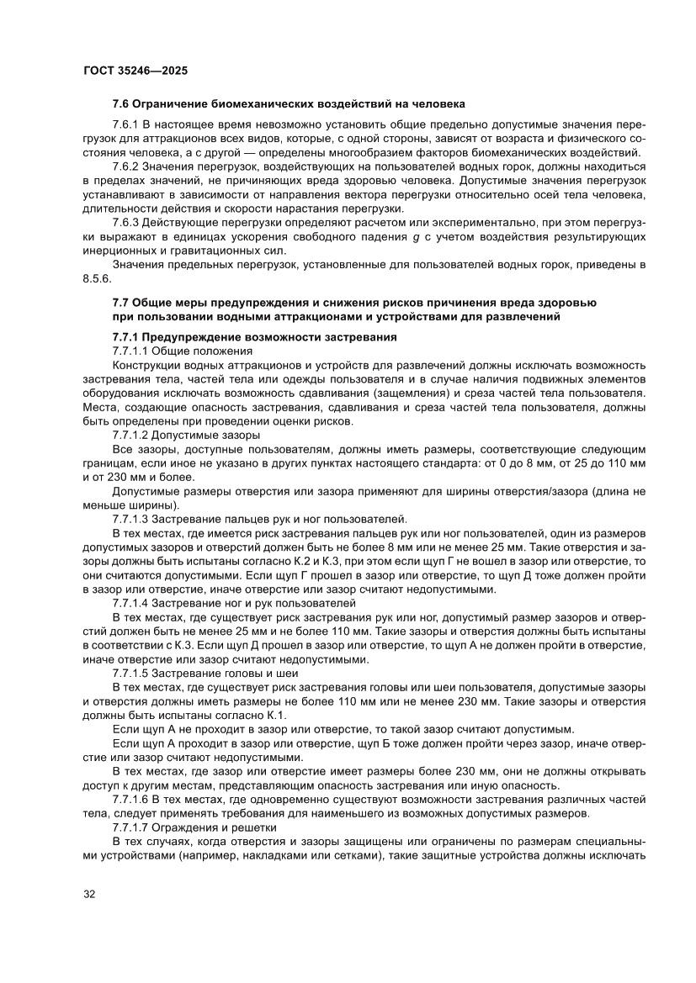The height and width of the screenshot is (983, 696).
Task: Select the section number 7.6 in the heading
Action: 121,105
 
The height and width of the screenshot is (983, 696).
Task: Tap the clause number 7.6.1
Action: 127,124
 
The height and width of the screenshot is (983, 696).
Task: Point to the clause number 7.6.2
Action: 127,166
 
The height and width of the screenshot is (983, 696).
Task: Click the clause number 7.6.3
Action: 127,223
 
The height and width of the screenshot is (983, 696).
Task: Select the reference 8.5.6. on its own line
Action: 96,279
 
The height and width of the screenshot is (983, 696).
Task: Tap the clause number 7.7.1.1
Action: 131,351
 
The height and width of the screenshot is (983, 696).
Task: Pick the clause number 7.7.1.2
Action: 131,436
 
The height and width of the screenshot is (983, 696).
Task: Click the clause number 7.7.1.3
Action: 131,520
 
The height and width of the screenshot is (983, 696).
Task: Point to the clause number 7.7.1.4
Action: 131,604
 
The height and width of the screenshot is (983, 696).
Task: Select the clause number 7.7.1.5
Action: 131,674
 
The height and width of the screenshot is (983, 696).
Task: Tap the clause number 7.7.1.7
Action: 131,830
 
